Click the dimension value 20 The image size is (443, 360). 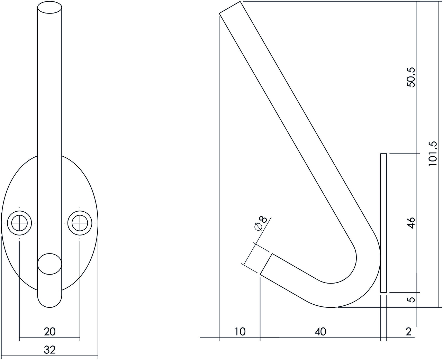(x=49, y=332)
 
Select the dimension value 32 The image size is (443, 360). (x=49, y=350)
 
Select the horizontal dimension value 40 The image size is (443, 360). (x=320, y=332)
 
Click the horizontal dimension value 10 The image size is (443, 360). (x=239, y=332)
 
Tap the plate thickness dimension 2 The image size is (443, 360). (x=409, y=332)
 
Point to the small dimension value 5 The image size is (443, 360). (x=411, y=299)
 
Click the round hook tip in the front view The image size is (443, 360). (x=49, y=265)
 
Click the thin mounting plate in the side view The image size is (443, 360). (x=383, y=223)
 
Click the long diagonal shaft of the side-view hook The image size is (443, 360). (x=294, y=128)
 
